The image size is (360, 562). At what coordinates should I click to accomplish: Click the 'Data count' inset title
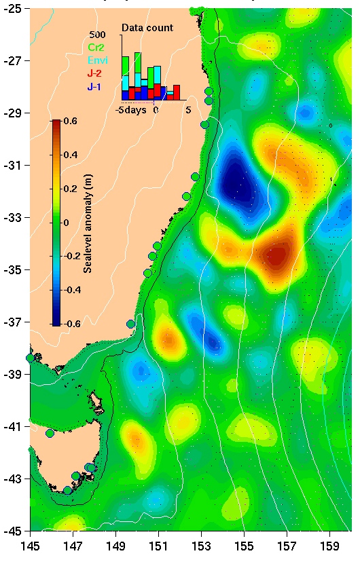click(x=147, y=28)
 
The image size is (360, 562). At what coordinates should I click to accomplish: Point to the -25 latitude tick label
click(x=14, y=9)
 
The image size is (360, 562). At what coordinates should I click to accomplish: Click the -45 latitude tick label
click(x=14, y=531)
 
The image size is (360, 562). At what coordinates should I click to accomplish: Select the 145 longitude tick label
click(x=30, y=545)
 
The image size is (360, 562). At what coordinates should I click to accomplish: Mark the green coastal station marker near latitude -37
click(x=131, y=324)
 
